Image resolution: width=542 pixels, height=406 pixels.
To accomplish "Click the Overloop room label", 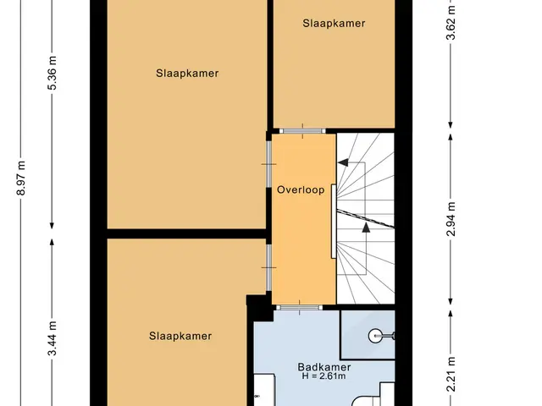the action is click(301, 189).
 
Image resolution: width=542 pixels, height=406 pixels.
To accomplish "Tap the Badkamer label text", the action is click(324, 367).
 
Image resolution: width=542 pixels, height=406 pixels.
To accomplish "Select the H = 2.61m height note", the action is click(324, 376).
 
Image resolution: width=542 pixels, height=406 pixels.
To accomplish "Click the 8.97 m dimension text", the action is click(21, 178).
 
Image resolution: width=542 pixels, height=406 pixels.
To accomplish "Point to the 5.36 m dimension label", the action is click(52, 73).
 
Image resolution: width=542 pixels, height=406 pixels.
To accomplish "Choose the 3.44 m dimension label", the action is click(52, 338).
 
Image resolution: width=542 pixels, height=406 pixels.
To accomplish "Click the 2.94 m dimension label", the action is click(451, 219).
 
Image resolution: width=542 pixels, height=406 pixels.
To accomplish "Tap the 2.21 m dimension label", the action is click(451, 375).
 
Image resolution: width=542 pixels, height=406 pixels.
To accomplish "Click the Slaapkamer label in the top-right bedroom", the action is click(334, 23).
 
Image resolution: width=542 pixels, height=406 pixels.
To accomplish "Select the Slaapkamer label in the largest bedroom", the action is click(187, 74).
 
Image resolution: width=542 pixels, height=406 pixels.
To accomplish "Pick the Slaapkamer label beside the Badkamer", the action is click(180, 336).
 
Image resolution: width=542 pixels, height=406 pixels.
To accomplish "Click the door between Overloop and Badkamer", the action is click(299, 307).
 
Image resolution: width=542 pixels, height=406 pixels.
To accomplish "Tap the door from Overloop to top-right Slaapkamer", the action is click(302, 131).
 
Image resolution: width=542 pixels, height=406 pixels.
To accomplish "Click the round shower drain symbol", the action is click(375, 336).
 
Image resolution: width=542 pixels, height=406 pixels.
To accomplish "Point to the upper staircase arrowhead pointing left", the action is click(343, 162).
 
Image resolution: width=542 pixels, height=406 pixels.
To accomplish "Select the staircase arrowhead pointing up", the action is click(366, 227).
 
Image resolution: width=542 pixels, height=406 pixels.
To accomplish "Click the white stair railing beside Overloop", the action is click(334, 222).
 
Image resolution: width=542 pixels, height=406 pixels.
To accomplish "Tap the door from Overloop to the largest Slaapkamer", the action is click(268, 164).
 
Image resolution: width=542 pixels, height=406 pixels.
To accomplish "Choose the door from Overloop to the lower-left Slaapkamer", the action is click(268, 267).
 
